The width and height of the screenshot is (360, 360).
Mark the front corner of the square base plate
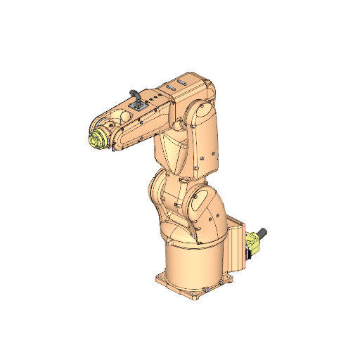(x=195, y=296)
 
